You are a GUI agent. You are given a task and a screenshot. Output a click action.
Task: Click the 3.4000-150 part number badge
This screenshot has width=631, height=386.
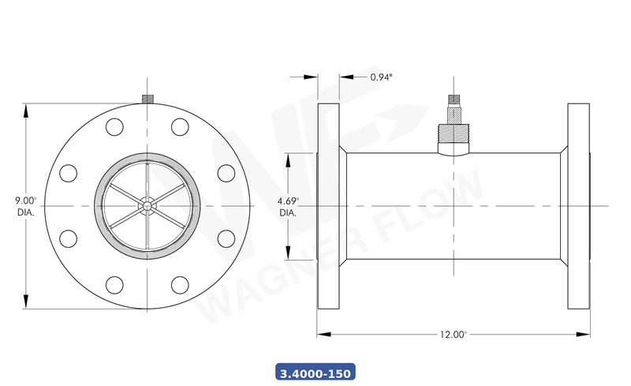pyautogui.click(x=315, y=371)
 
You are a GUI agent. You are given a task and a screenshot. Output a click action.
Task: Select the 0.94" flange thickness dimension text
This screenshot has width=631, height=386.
pyautogui.click(x=382, y=77)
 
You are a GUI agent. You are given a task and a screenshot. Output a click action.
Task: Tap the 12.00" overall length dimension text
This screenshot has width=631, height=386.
pyautogui.click(x=454, y=334)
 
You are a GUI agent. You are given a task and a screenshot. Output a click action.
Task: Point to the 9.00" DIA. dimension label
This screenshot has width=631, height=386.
pyautogui.click(x=24, y=206)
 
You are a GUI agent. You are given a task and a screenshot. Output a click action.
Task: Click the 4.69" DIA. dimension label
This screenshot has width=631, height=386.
pyautogui.click(x=287, y=207)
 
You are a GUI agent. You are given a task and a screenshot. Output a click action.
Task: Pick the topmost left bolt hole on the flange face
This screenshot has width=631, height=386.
pyautogui.click(x=114, y=127)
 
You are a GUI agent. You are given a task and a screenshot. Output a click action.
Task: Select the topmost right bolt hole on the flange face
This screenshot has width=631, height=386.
pyautogui.click(x=180, y=127)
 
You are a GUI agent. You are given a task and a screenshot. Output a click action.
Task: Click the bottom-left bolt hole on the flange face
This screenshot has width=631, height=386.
pyautogui.click(x=114, y=284)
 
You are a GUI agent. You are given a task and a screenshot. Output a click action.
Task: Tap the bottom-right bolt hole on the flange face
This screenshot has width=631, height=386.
pyautogui.click(x=180, y=284)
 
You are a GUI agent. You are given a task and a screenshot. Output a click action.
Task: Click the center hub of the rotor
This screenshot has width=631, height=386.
pyautogui.click(x=147, y=205)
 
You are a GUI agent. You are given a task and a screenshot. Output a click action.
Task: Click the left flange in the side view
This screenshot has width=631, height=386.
pyautogui.click(x=328, y=206)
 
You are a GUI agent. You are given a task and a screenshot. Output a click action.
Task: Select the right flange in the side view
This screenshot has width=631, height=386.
pyautogui.click(x=578, y=206)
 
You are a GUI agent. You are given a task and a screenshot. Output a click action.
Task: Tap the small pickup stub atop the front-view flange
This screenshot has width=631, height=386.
pyautogui.click(x=147, y=99)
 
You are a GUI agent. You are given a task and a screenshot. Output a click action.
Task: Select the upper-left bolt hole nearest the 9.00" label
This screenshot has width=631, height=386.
pyautogui.click(x=68, y=173)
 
